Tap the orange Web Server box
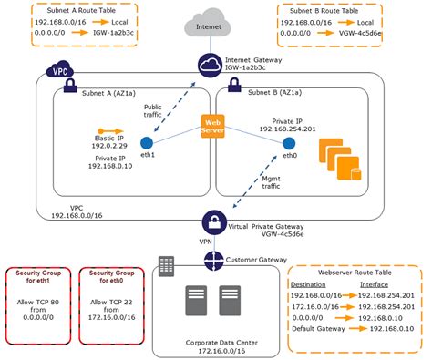(x=212, y=127)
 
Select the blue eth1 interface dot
(x=145, y=142)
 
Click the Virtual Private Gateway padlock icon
(x=211, y=221)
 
